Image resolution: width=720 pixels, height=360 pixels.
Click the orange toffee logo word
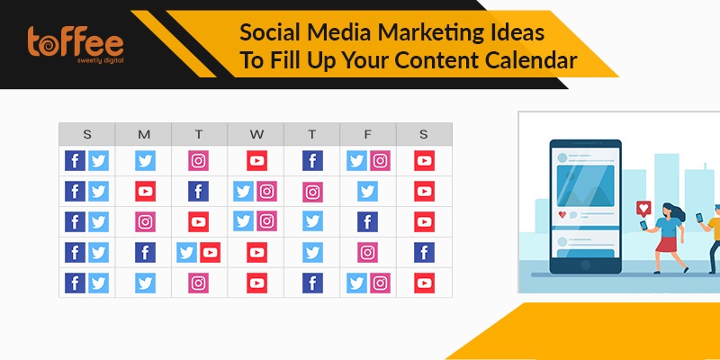coord(76,41)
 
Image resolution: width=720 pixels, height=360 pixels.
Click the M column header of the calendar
coord(144,134)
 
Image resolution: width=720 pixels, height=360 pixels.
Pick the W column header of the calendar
coord(256,134)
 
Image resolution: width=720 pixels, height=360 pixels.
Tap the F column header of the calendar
coord(367,134)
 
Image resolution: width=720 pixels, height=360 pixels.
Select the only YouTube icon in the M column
coord(145,191)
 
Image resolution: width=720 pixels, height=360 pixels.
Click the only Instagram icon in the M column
coord(145,221)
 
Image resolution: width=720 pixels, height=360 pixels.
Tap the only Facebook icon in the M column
coord(145,253)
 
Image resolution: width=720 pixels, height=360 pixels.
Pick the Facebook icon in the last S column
coord(424,253)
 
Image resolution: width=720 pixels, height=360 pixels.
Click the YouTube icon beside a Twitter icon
coord(210,253)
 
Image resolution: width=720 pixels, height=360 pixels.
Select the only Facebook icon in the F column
coord(368,221)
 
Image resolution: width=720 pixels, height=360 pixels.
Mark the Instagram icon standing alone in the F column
coord(368,253)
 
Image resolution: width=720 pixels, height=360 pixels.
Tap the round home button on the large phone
coord(586,265)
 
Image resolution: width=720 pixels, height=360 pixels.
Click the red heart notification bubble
coord(643,209)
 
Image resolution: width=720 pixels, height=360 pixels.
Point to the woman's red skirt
coord(666,244)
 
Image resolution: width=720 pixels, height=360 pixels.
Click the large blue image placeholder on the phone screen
coord(586,185)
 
